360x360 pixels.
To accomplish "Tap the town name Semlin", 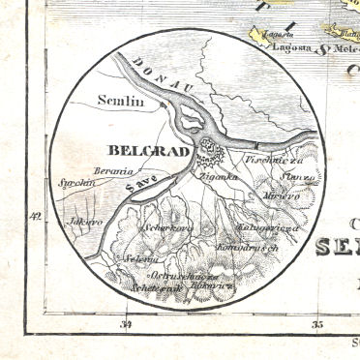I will pyautogui.click(x=120, y=100).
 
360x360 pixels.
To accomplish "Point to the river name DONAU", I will pyautogui.click(x=150, y=75).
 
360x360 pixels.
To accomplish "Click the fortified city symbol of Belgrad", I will pyautogui.click(x=209, y=151).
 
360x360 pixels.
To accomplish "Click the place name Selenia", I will pyautogui.click(x=143, y=257).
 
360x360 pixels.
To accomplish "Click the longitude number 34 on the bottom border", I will pyautogui.click(x=126, y=325).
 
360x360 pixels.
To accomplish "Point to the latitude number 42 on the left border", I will pyautogui.click(x=36, y=216).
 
